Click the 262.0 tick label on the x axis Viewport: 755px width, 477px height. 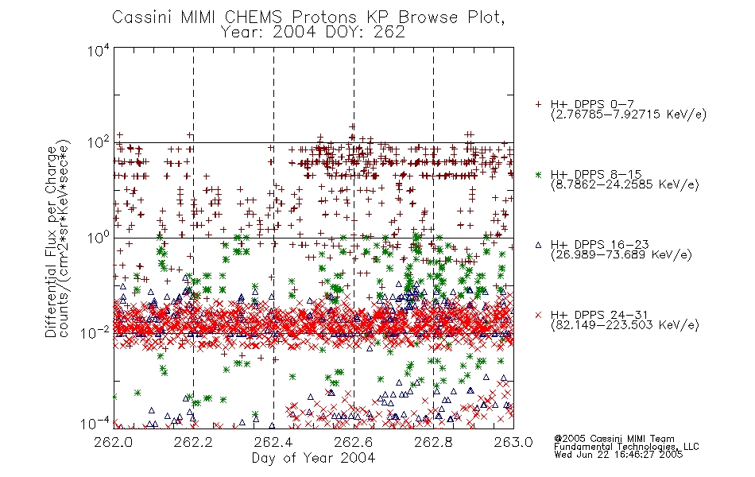[113, 442]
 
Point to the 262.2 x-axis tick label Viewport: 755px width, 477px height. [193, 442]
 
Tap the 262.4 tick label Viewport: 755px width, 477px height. [273, 442]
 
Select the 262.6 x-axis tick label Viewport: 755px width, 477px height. [354, 442]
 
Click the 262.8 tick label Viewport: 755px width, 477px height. [433, 442]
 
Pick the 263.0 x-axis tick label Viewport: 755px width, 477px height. [513, 442]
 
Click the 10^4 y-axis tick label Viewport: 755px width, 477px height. [99, 50]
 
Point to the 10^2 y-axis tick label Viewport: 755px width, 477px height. [99, 143]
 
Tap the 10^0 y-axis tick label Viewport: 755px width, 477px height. [99, 238]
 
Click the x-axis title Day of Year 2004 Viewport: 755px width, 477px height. [313, 458]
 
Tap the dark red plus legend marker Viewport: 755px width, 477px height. [538, 104]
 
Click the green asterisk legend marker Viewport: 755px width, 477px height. [538, 174]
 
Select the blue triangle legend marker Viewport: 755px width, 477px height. [538, 245]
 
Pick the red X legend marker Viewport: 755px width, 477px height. [538, 315]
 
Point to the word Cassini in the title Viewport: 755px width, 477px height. [142, 17]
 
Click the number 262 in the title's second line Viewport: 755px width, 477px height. [388, 32]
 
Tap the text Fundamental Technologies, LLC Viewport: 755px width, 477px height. [626, 447]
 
